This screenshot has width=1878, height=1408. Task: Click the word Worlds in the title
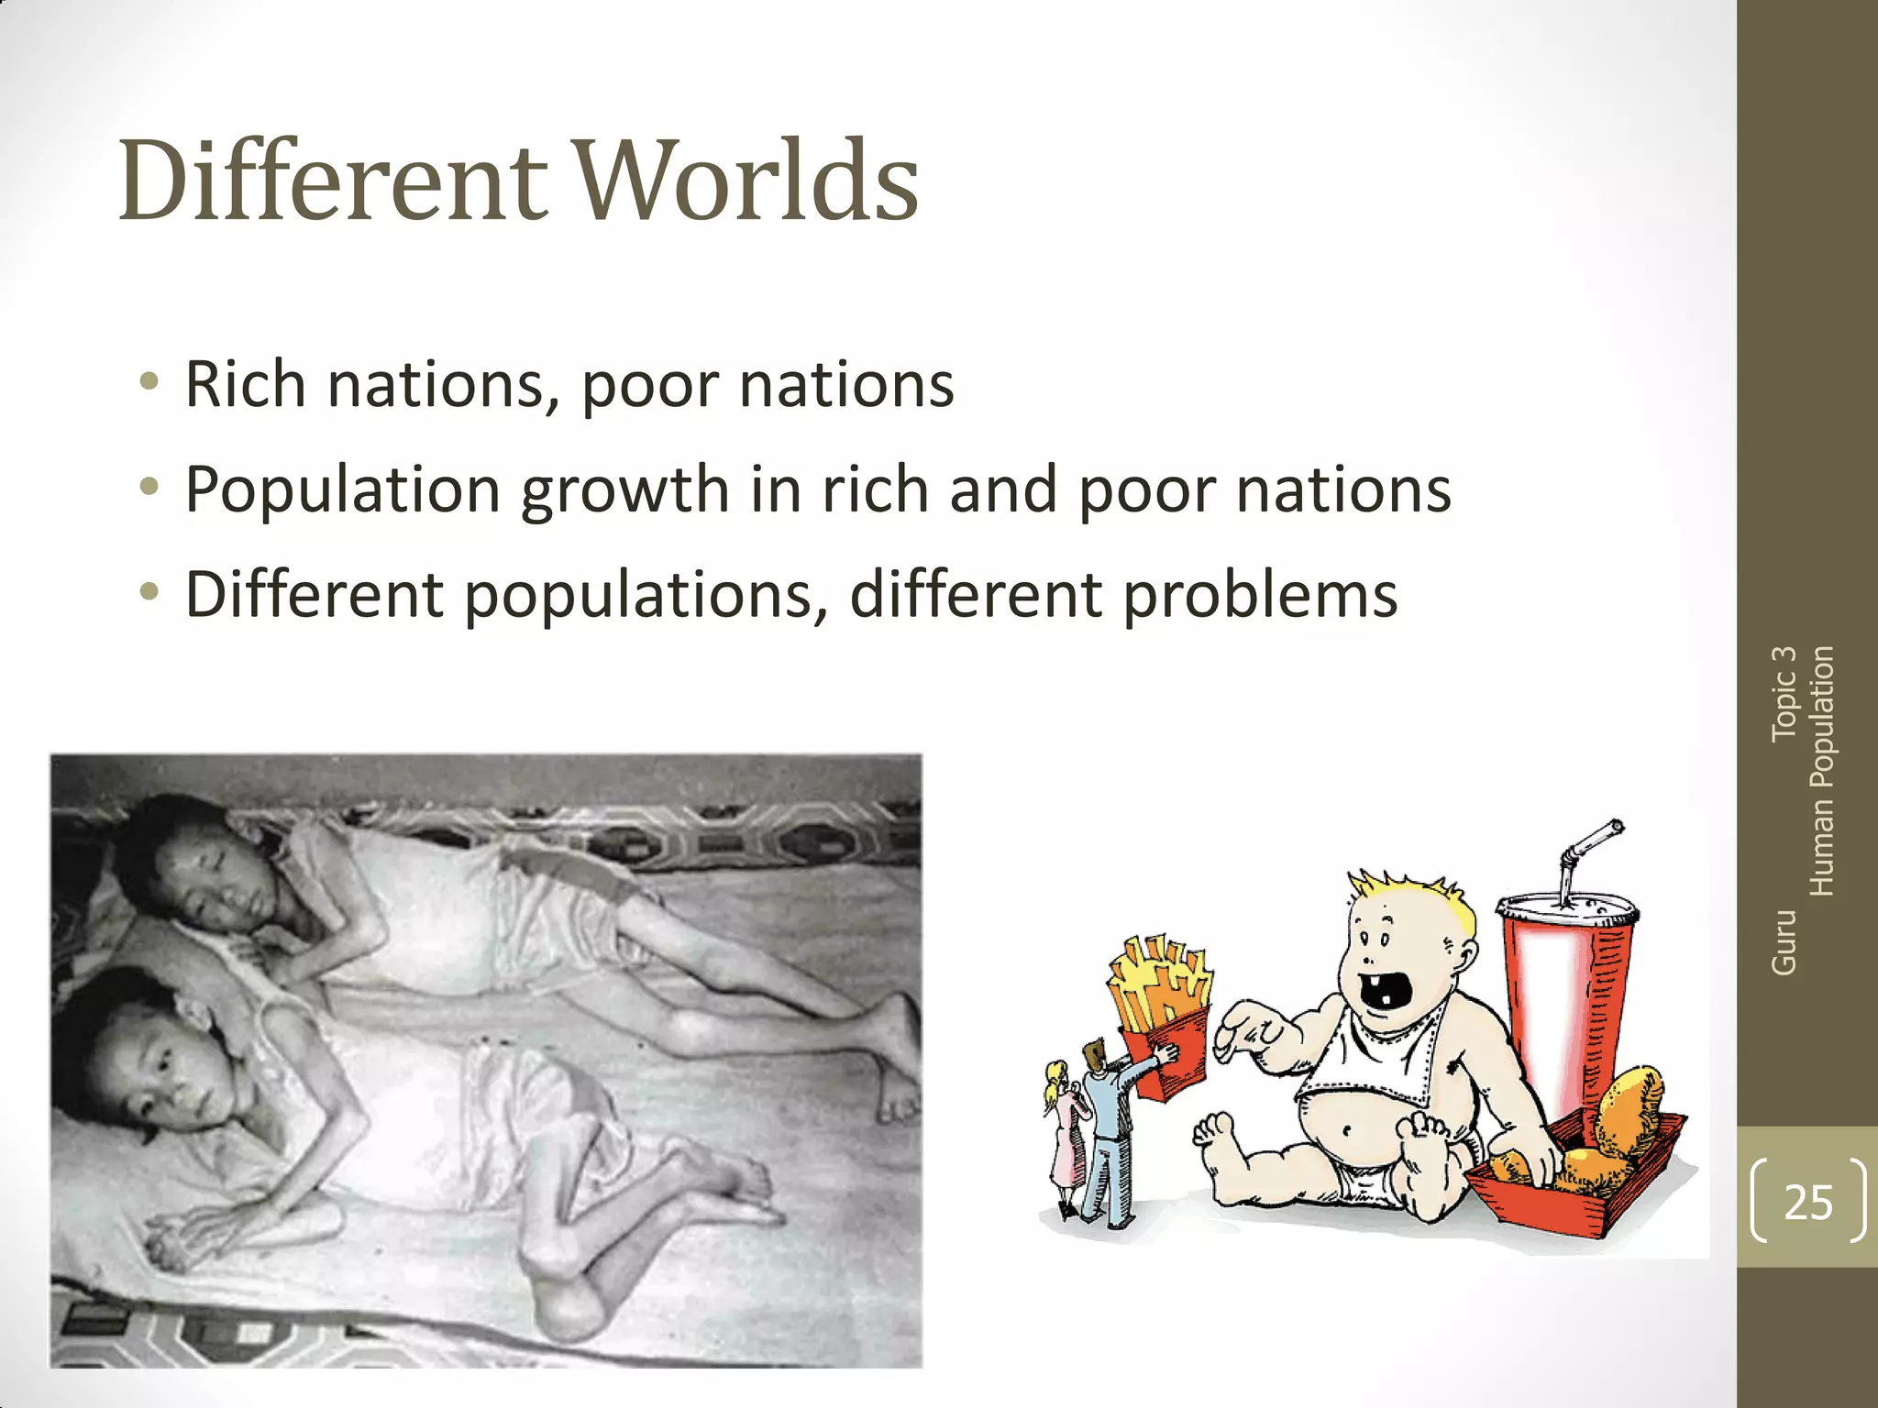pyautogui.click(x=748, y=181)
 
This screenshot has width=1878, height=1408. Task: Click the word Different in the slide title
pyautogui.click(x=333, y=181)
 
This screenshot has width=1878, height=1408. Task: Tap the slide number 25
pyautogui.click(x=1807, y=1202)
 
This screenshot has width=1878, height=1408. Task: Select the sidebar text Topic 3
pyautogui.click(x=1784, y=694)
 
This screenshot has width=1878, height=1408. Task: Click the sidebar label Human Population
pyautogui.click(x=1822, y=771)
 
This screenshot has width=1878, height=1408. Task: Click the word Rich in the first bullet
pyautogui.click(x=245, y=384)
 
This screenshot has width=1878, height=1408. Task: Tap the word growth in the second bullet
pyautogui.click(x=624, y=490)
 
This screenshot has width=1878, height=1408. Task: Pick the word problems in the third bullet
pyautogui.click(x=1261, y=596)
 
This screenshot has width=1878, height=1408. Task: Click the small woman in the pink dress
pyautogui.click(x=1064, y=1137)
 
